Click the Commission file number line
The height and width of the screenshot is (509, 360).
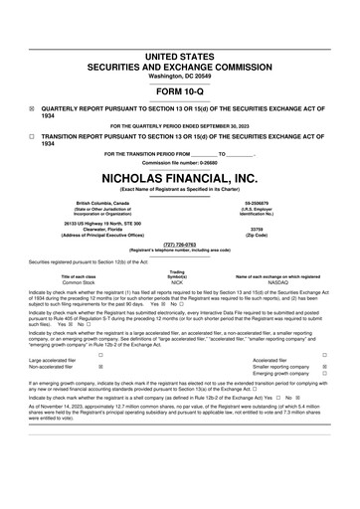pyautogui.click(x=180, y=162)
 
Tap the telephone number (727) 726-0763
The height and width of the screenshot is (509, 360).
pyautogui.click(x=180, y=243)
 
